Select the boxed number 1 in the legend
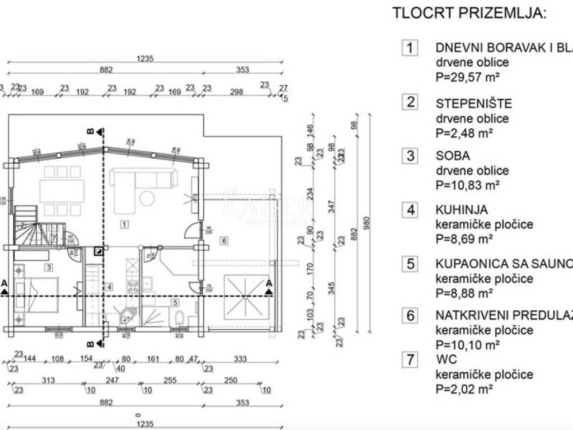click(x=410, y=48)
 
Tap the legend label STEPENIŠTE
click(x=473, y=104)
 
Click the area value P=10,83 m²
click(x=464, y=185)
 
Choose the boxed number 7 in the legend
click(x=410, y=359)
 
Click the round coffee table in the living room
click(x=148, y=198)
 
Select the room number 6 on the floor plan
click(x=224, y=241)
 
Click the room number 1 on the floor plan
click(x=124, y=225)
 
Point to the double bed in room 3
click(x=37, y=293)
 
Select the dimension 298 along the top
click(x=237, y=92)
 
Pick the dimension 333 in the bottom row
click(x=240, y=359)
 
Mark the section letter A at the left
click(x=4, y=283)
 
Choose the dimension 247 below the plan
click(x=114, y=381)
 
